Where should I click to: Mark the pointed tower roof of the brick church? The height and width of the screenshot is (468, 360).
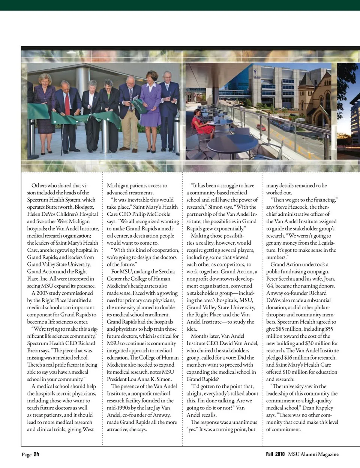[321, 80]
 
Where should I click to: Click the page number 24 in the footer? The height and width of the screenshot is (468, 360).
[36, 454]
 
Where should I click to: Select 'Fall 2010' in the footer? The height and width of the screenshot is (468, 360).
[275, 454]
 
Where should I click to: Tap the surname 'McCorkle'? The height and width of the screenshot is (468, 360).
[157, 214]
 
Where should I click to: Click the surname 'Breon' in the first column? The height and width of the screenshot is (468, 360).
[34, 351]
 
